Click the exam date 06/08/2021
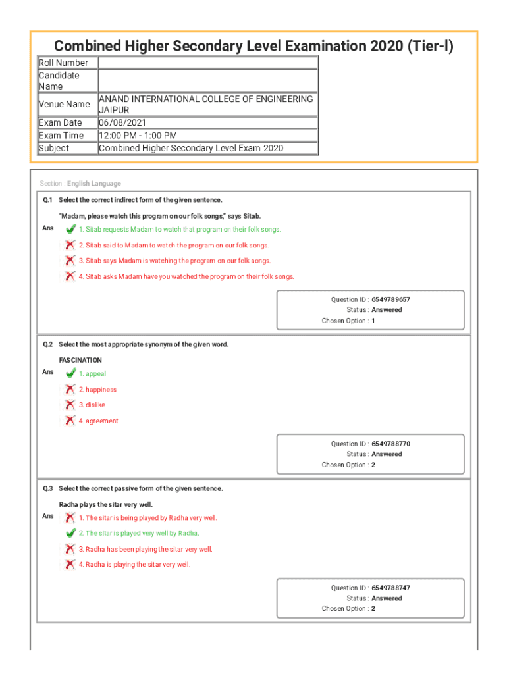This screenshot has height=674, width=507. coord(122,123)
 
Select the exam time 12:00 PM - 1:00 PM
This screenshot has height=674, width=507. coord(138,136)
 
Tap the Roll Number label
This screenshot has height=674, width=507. coord(63,63)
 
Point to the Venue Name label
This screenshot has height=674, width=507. coord(64,104)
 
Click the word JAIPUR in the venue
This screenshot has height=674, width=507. coord(114,110)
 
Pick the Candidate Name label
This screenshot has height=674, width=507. coord(59,80)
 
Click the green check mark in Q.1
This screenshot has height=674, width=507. coord(70,229)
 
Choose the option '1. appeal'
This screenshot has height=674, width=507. coord(92,374)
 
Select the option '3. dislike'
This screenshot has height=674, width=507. coord(92,405)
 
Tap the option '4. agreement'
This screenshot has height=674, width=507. coord(98,421)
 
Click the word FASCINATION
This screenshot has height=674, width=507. coord(80,361)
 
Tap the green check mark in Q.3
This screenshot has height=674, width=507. coord(70,533)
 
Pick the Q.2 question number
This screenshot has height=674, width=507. coord(47,344)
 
